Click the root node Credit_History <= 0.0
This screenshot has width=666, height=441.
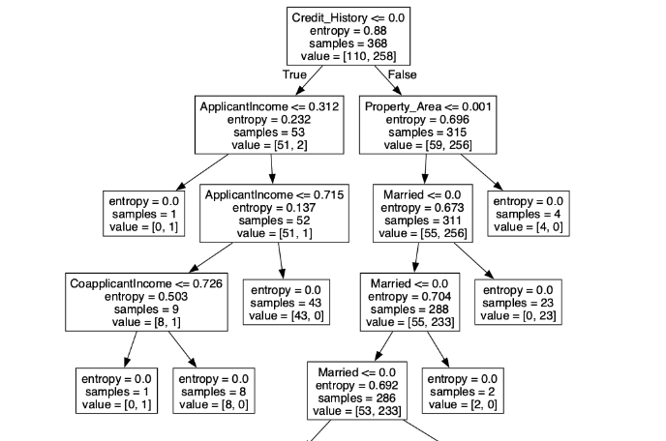[x=342, y=37]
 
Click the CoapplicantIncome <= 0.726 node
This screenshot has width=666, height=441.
[x=138, y=302]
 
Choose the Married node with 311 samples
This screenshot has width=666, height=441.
[x=422, y=213]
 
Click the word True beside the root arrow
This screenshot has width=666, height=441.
[x=295, y=75]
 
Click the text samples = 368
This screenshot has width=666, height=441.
[x=342, y=44]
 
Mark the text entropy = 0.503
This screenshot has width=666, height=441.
[x=138, y=295]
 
